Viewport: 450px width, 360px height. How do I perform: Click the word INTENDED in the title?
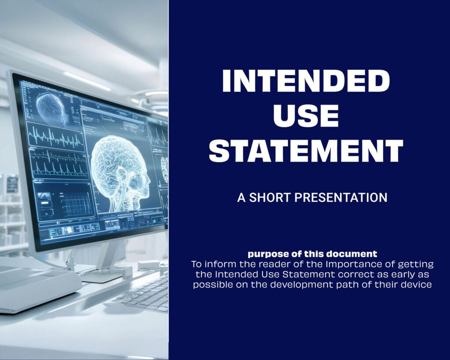[x=306, y=81]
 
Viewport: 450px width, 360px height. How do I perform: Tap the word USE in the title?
[x=306, y=116]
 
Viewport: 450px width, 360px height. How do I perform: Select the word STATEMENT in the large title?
[x=306, y=150]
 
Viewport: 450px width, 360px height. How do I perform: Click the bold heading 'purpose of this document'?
[x=312, y=254]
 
